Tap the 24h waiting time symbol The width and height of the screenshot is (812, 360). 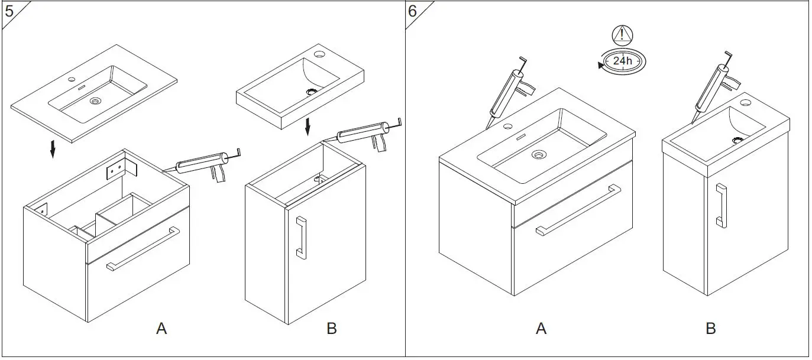(x=622, y=61)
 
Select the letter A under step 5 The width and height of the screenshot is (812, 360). (x=161, y=329)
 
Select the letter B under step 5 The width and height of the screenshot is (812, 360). (x=331, y=329)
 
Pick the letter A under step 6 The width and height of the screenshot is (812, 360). (x=541, y=329)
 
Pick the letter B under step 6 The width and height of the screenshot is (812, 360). (x=711, y=329)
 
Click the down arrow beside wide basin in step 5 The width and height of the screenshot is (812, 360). (x=53, y=148)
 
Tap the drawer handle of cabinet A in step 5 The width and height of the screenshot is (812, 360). (x=143, y=249)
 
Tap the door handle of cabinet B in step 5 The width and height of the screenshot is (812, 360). (x=301, y=238)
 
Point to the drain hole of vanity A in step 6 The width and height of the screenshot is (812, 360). (x=538, y=155)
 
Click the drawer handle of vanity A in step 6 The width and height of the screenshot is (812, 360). (x=578, y=210)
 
